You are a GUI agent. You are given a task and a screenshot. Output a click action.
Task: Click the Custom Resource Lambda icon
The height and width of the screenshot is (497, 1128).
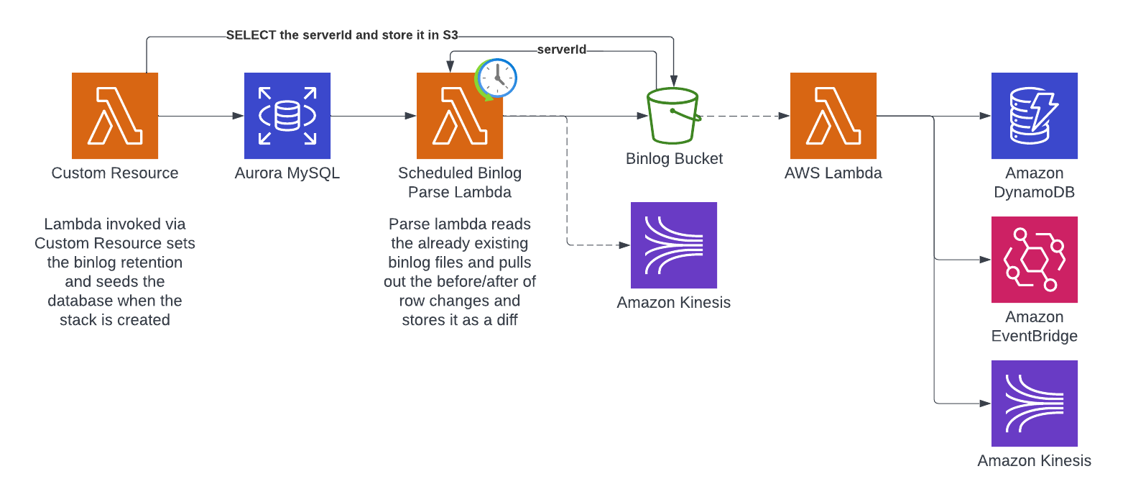coord(115,115)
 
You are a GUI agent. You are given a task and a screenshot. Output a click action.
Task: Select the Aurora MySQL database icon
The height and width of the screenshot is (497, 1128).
coord(287,115)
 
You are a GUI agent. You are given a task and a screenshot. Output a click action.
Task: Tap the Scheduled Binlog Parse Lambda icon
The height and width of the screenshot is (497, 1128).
coord(459,115)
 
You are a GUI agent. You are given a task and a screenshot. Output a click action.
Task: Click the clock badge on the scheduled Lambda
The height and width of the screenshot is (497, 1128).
coord(496,78)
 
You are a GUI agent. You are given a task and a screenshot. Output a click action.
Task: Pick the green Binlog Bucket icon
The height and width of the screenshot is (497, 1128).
coord(673,116)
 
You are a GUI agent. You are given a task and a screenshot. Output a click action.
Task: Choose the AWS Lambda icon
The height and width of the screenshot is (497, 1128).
coord(833,115)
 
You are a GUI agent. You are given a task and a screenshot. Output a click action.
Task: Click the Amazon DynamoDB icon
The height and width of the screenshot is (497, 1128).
coord(1035,115)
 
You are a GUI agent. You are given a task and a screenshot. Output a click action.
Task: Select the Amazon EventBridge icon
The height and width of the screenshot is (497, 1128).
coord(1035,260)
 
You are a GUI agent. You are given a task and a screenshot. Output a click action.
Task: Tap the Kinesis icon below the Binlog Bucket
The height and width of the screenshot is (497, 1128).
coord(674,245)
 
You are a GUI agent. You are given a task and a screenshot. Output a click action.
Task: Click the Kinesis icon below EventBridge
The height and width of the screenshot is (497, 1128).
coord(1035,403)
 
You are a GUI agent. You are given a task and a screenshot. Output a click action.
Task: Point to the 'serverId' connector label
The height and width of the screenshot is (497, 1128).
coord(561,50)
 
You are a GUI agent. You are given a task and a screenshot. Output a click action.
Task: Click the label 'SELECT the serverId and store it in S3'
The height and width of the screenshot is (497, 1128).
coord(342,35)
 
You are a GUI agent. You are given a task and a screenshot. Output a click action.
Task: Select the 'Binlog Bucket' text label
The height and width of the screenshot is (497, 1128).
coord(674,159)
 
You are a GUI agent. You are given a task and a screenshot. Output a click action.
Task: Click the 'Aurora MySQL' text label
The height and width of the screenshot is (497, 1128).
coord(287,173)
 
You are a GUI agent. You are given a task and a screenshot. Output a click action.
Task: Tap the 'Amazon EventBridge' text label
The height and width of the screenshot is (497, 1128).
coord(1035,326)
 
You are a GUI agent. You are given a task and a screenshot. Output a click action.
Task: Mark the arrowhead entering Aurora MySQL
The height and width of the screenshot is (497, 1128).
coord(239,116)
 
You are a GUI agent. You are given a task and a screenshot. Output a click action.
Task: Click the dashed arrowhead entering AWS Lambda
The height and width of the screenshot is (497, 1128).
coord(784,116)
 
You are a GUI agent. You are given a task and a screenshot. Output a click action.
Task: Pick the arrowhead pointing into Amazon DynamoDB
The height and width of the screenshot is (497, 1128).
coord(986,116)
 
